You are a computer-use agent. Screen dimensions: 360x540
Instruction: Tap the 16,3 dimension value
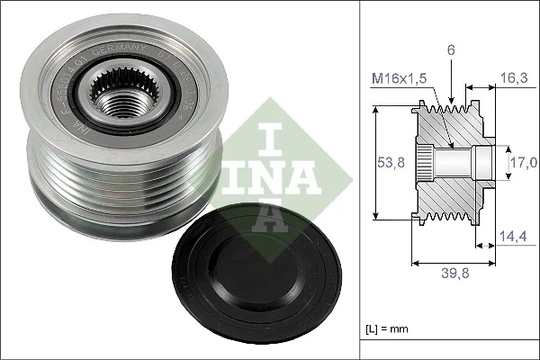click(x=514, y=77)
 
